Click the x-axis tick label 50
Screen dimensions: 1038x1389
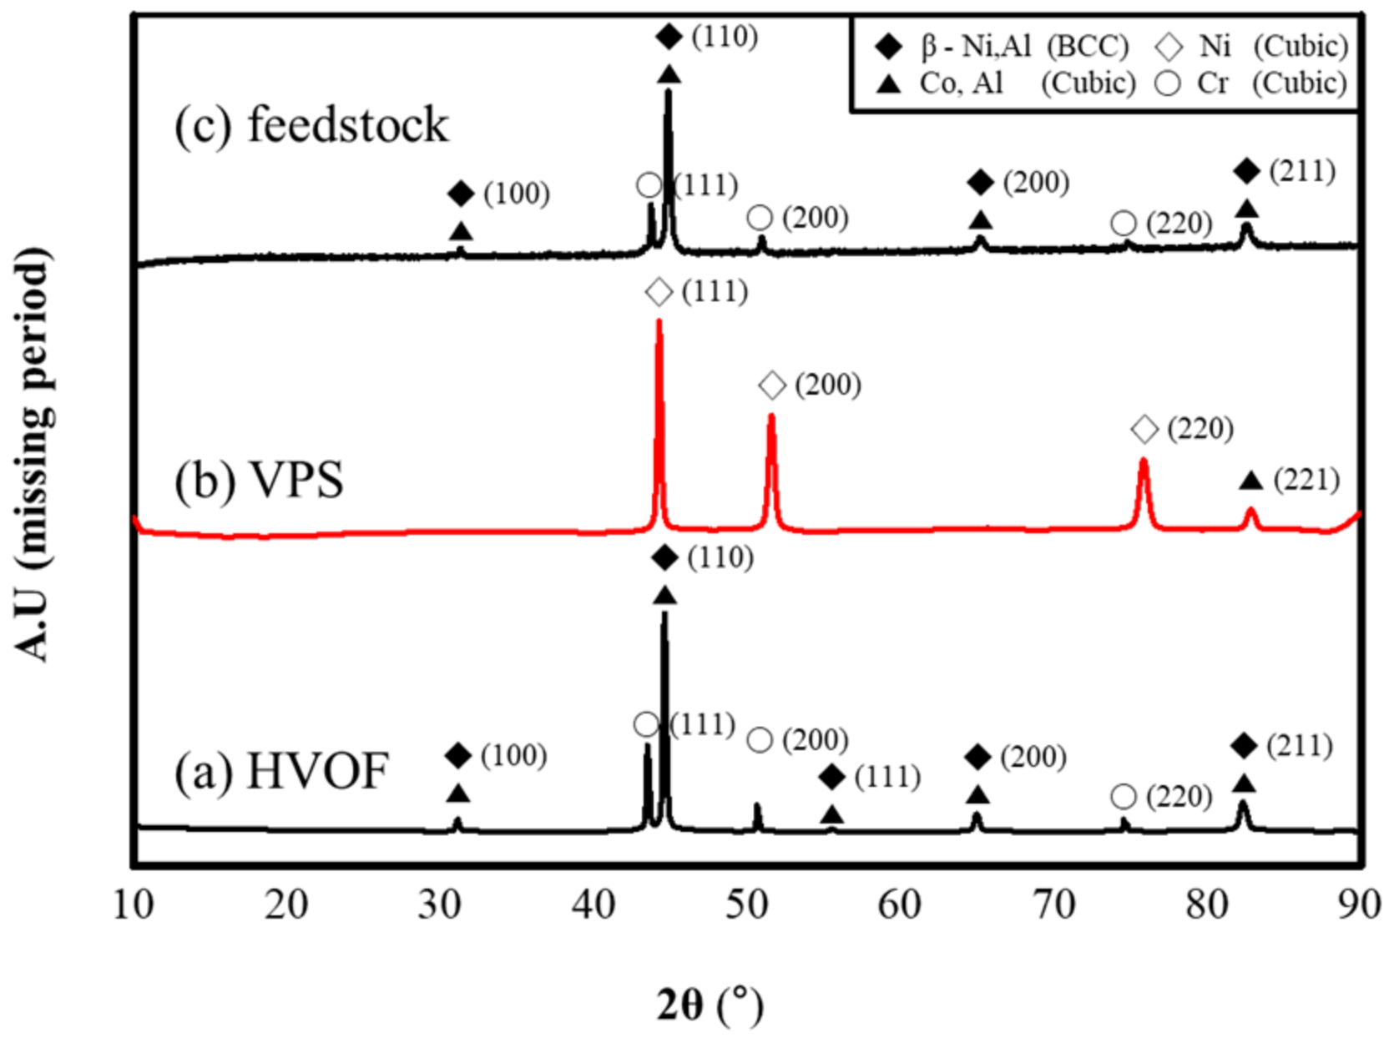745,904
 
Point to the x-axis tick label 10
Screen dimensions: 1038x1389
134,904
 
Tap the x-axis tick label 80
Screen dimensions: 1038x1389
1206,904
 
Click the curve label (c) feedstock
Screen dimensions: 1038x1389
311,125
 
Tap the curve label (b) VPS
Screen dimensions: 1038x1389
259,481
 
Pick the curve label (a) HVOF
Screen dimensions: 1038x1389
281,770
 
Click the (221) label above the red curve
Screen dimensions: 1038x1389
1306,481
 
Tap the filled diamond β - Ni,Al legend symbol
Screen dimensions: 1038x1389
889,47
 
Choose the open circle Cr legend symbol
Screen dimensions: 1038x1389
1169,83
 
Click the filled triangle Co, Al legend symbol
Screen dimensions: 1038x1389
889,83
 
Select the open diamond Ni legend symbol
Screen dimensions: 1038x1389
1169,47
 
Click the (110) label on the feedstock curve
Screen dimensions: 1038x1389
725,37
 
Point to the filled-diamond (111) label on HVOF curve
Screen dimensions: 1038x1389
887,778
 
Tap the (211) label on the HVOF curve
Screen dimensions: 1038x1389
1300,746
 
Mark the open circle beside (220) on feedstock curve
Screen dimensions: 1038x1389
1124,224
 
